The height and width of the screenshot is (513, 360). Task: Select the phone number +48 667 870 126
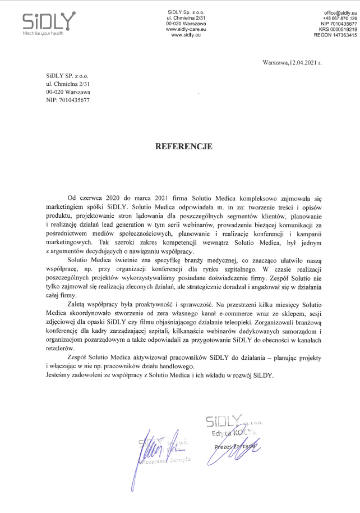[335, 18]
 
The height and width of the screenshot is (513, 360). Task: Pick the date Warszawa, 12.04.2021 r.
[292, 63]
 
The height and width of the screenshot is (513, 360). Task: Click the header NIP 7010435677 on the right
[333, 24]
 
